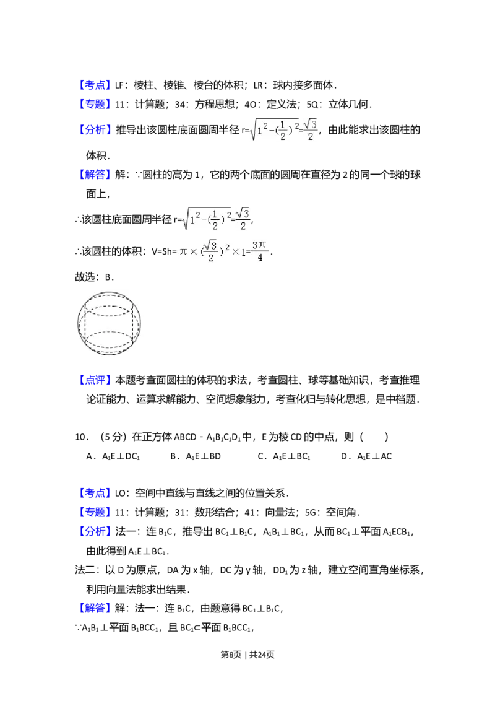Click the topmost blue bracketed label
95,85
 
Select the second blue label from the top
95,102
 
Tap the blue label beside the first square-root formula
96,129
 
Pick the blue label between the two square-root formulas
96,175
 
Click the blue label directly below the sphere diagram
96,379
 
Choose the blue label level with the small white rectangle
95,493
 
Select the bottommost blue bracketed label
96,607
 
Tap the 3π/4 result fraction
260,250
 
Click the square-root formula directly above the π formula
215,217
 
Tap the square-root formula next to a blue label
284,129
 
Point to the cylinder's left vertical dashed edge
85,323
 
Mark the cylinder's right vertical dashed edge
132,323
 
